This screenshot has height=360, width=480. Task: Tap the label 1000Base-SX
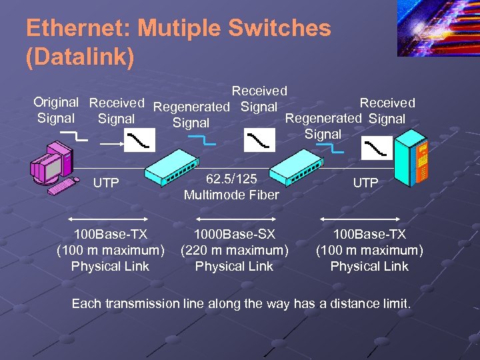[x=234, y=234]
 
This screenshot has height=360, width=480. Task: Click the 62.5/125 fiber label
[x=231, y=179]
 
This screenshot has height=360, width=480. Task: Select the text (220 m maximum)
[x=234, y=250]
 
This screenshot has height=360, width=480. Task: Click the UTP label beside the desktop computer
[x=106, y=183]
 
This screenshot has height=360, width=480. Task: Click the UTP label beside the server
[x=365, y=183]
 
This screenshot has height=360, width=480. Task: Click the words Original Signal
[x=56, y=110]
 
